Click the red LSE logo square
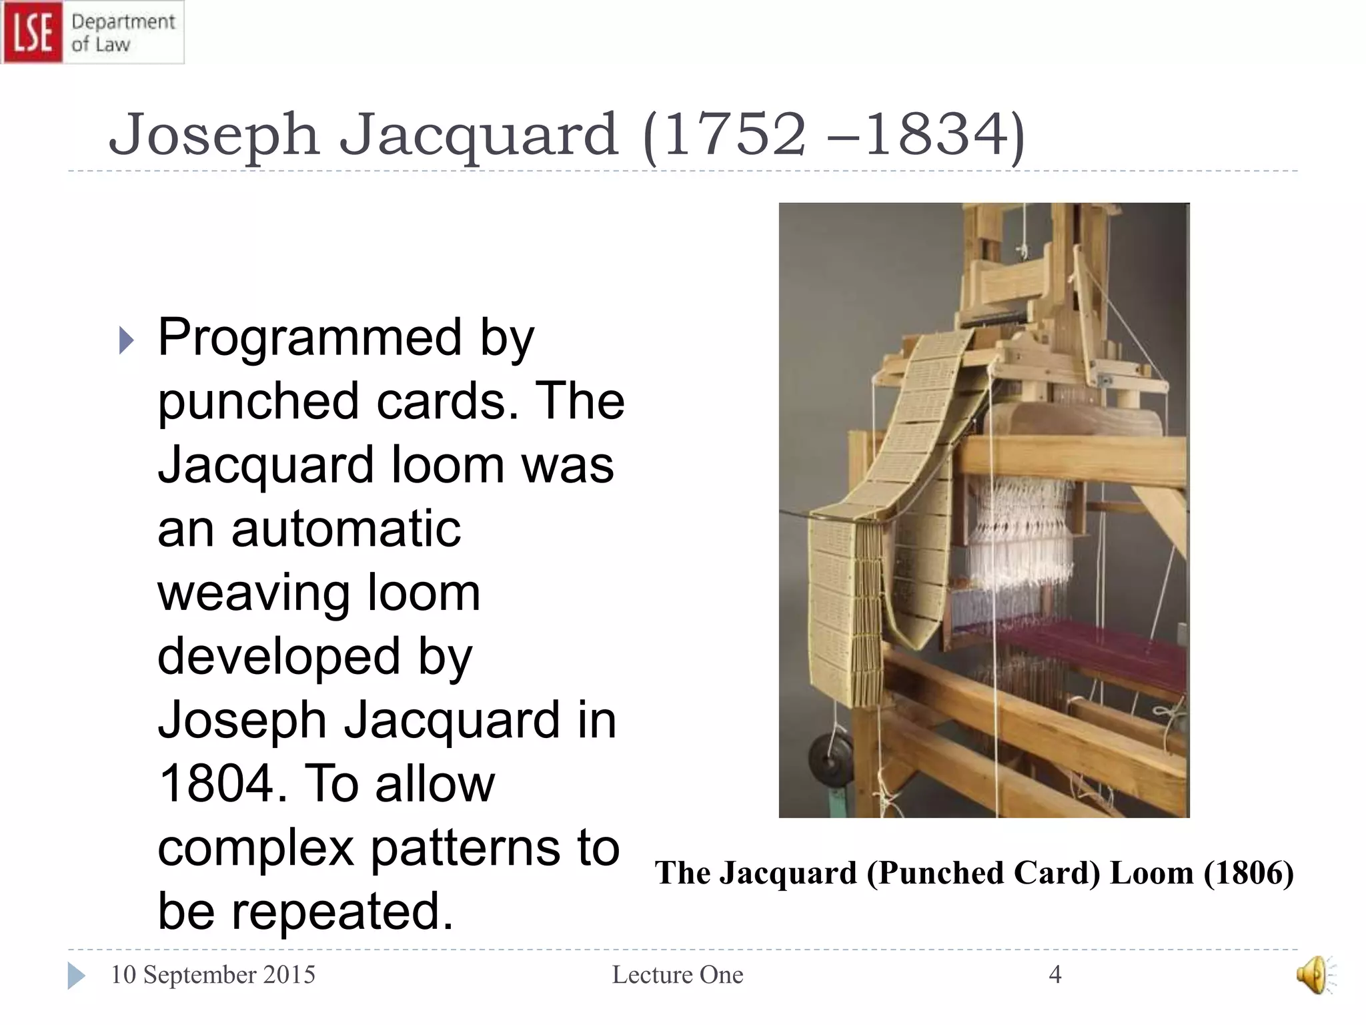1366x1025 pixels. click(x=33, y=32)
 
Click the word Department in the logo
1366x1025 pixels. click(x=123, y=21)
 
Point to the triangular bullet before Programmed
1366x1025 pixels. click(x=126, y=340)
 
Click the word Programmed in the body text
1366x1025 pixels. click(x=309, y=338)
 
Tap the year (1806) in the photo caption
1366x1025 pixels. click(x=1249, y=873)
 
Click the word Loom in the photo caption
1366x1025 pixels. click(x=1152, y=873)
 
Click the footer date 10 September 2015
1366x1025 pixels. click(x=213, y=975)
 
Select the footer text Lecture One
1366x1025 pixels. click(x=678, y=975)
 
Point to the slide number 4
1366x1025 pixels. click(x=1055, y=975)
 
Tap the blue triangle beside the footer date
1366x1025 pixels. click(x=76, y=976)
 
